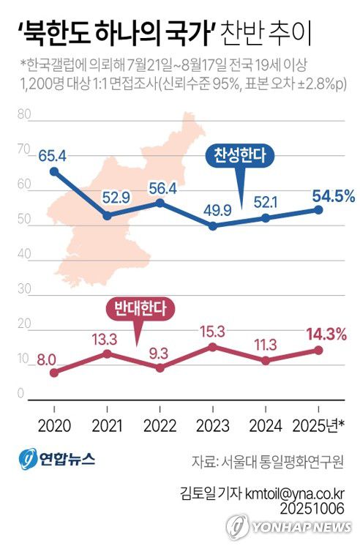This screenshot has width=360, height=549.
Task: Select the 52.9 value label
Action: [x=108, y=196]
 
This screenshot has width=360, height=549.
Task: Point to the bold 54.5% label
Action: [x=333, y=195]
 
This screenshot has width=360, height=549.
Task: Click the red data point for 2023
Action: [x=213, y=346]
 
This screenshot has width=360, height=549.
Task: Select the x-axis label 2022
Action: [x=161, y=425]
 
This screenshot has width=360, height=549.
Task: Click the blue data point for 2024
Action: [x=266, y=218]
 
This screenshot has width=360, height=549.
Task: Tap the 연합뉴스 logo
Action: [x=57, y=460]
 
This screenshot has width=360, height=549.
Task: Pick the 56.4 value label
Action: [x=161, y=188]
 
